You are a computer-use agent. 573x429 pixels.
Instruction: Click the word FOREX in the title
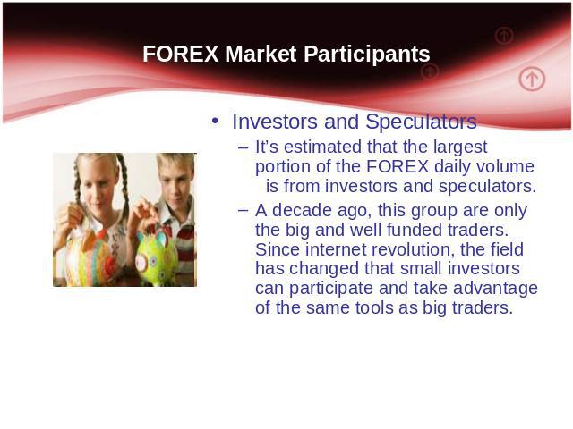[181, 54]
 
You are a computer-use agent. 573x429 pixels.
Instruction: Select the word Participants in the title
[366, 55]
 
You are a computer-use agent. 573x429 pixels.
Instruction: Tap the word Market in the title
[261, 54]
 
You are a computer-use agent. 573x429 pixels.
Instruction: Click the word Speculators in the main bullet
[421, 122]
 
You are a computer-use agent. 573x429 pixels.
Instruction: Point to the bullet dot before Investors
[215, 121]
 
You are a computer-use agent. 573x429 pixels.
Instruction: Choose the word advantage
[495, 289]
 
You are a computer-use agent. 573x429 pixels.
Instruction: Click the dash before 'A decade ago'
[243, 211]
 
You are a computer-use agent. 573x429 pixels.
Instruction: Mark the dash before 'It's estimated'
[243, 147]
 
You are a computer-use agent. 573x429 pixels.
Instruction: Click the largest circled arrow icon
[532, 79]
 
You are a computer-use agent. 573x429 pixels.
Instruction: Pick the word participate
[331, 289]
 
